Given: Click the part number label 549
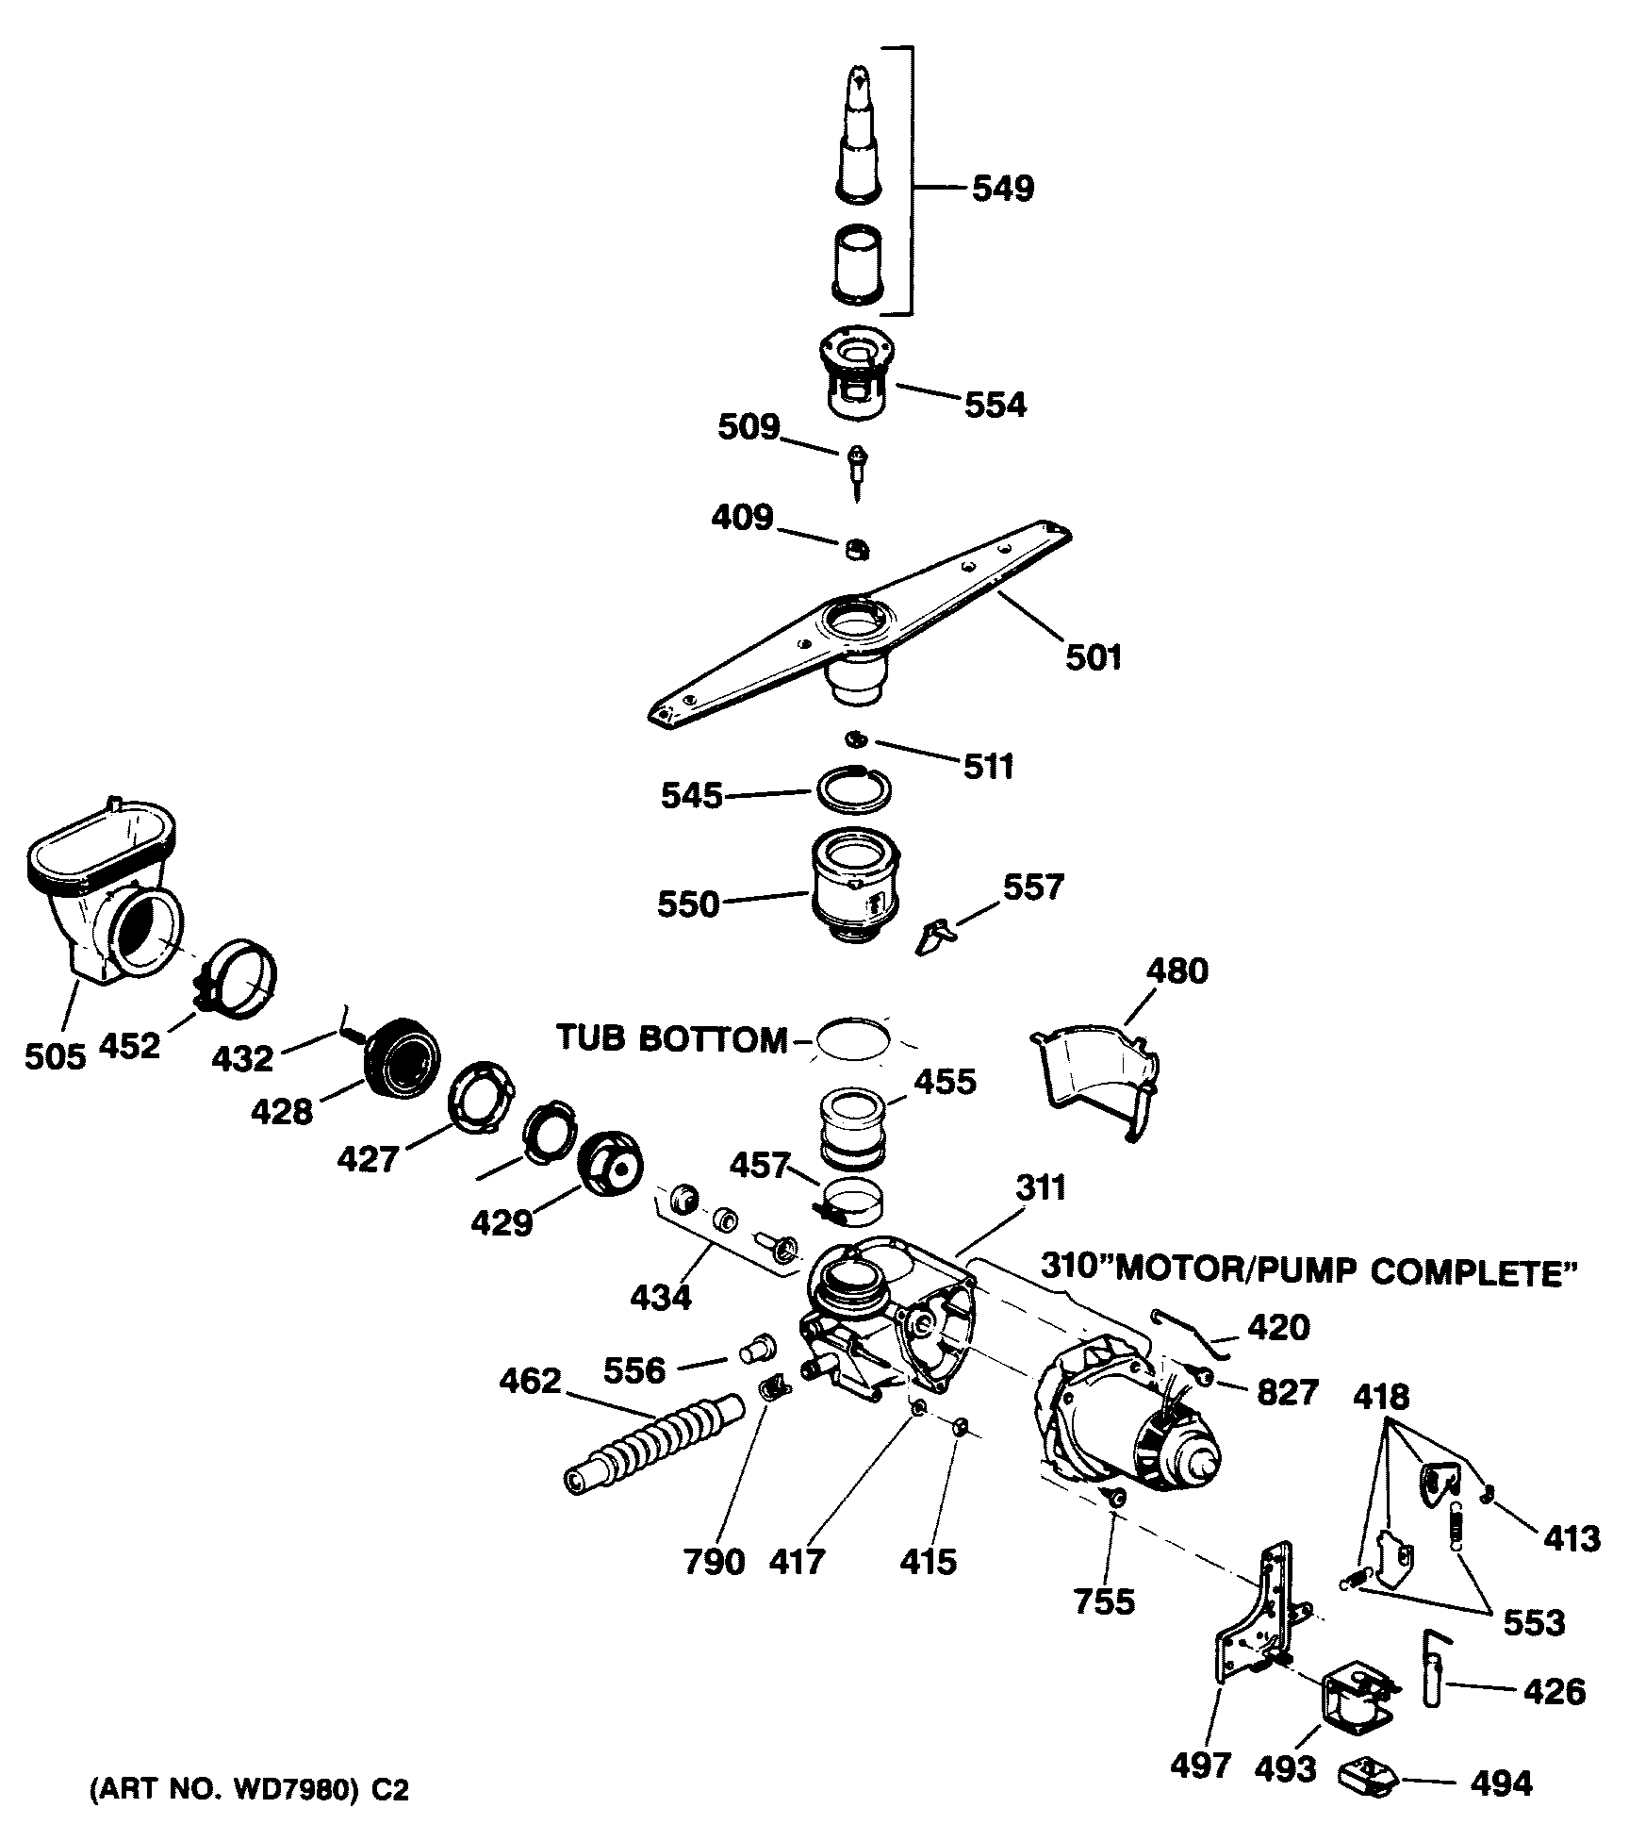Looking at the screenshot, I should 1002,189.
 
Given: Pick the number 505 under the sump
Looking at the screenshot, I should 55,1057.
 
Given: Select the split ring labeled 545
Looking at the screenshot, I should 852,788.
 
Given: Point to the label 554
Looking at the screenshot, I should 995,405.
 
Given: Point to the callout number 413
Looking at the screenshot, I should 1571,1539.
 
